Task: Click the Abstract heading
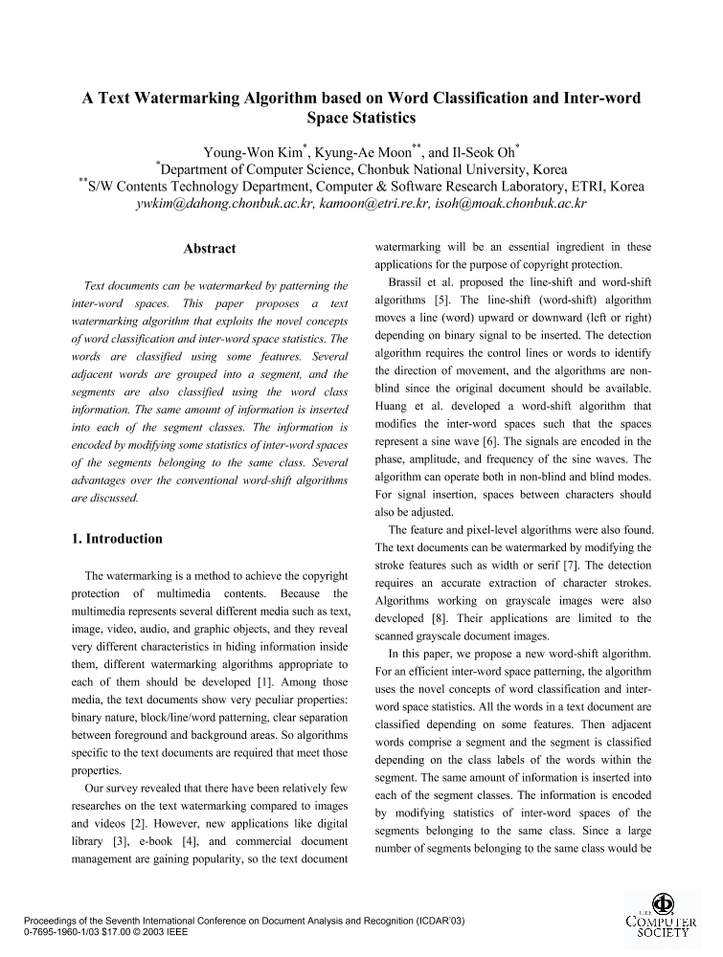[209, 249]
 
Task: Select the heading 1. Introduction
[118, 539]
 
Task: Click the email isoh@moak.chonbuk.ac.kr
[510, 204]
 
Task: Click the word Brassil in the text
[410, 282]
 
